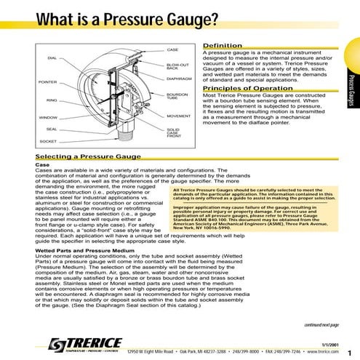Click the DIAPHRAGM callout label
tap(180, 78)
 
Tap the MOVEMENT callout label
tap(179, 116)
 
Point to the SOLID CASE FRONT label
tap(174, 133)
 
